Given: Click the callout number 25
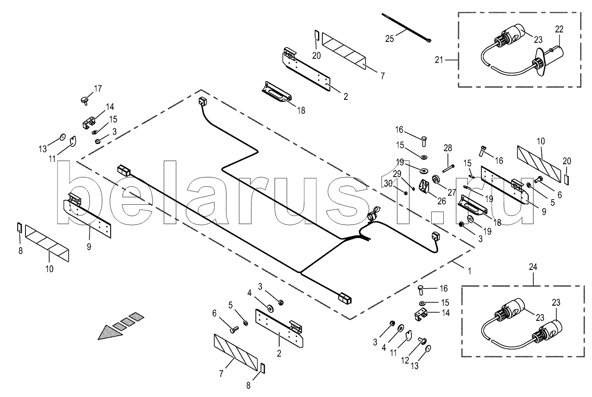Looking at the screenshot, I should pos(389,39).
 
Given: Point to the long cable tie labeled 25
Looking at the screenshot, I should pos(406,27).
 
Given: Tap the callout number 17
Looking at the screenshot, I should pos(98,89).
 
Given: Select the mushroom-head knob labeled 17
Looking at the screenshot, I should pos(84,100).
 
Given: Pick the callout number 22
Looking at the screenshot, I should pos(559,29).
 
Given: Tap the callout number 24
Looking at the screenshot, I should pos(533,267).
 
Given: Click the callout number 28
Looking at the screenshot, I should pos(447,148).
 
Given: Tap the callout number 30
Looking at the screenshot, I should pos(388,183).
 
